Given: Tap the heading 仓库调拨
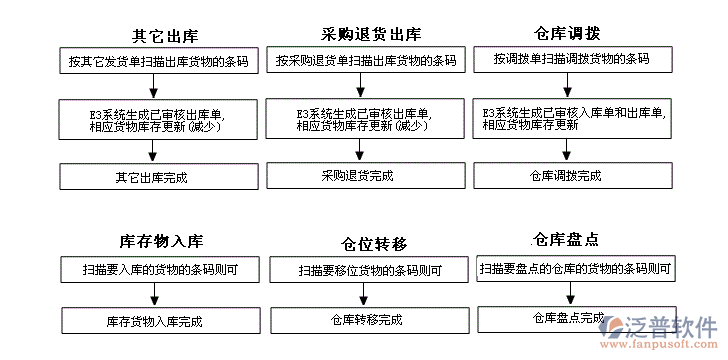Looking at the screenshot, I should [568, 33].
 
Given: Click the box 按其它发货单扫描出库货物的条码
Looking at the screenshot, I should [158, 60].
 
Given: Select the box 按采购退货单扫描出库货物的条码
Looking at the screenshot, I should [366, 60].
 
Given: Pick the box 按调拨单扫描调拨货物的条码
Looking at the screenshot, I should [571, 59].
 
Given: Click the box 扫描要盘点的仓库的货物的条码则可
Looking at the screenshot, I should [575, 268].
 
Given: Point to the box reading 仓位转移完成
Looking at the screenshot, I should [366, 320].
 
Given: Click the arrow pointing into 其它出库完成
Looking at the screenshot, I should [152, 150].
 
